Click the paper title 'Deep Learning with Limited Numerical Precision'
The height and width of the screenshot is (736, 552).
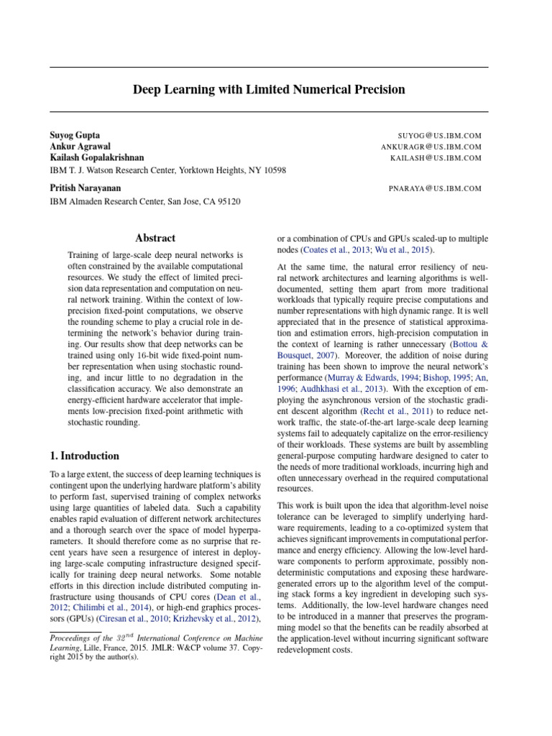pyautogui.click(x=269, y=90)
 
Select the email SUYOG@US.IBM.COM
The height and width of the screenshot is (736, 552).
pyautogui.click(x=439, y=135)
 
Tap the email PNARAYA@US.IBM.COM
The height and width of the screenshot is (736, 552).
pyautogui.click(x=434, y=188)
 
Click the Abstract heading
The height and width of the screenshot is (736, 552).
pyautogui.click(x=155, y=238)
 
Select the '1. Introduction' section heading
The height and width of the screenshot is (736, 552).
pyautogui.click(x=84, y=456)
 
